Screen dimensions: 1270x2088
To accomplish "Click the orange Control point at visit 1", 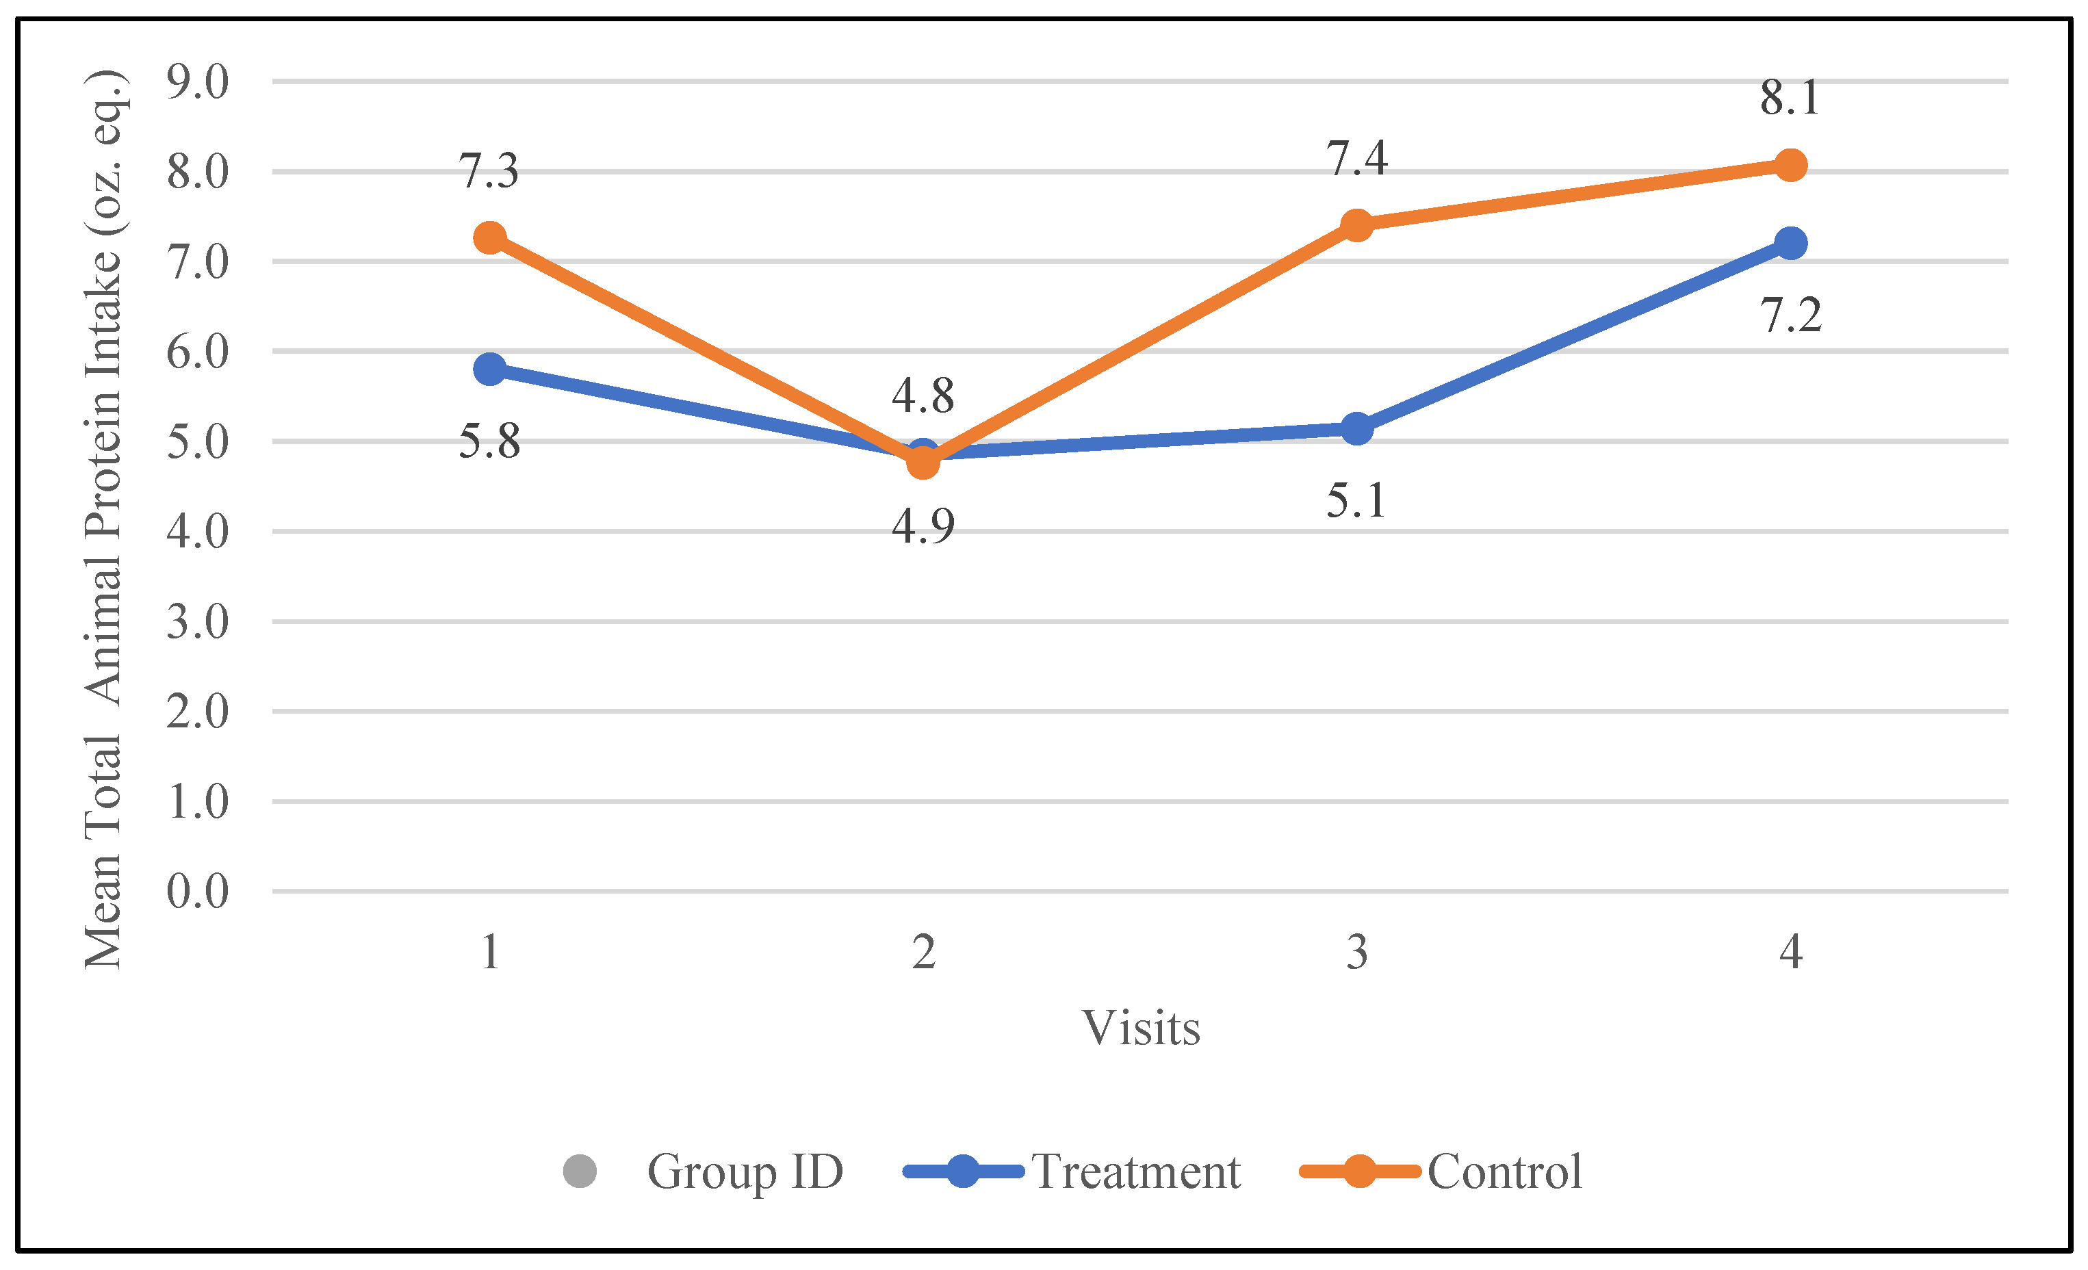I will tap(490, 237).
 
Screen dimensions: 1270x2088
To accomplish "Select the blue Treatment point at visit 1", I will tap(490, 369).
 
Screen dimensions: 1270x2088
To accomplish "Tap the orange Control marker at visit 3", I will tap(1356, 225).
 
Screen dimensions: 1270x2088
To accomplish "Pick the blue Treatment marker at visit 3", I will tap(1356, 429).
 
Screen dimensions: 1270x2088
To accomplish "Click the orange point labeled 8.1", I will tap(1790, 164).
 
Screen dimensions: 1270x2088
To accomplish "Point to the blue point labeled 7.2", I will tap(1790, 243).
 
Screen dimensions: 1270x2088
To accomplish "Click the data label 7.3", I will tap(489, 170).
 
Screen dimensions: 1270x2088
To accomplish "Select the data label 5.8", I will tap(489, 441).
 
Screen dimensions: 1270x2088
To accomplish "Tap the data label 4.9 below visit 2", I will tap(923, 526).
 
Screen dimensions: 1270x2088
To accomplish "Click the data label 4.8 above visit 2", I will tap(923, 396).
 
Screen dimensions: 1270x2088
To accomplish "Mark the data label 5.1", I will tap(1356, 500).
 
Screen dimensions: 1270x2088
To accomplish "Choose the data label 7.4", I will tap(1356, 159).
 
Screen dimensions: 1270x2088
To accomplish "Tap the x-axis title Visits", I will tap(1141, 1028).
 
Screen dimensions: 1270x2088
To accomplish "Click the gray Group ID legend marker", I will tap(580, 1171).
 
